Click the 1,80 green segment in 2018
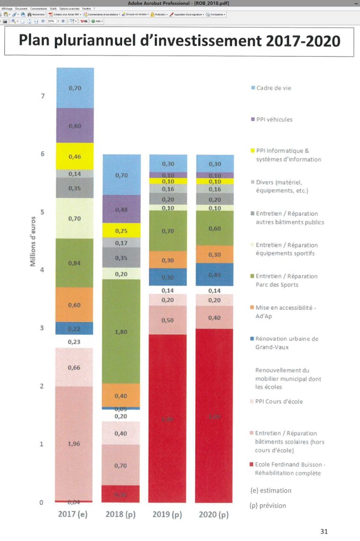(121, 332)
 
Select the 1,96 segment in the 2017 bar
(75, 443)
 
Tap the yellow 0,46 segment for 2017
(75, 157)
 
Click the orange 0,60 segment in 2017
(75, 305)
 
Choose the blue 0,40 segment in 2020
(215, 275)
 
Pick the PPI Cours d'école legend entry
(278, 401)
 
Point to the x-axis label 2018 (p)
(121, 515)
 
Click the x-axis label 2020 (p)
(215, 515)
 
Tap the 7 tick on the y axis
(42, 96)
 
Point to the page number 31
(324, 531)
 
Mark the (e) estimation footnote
(270, 490)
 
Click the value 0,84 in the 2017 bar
(75, 263)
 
